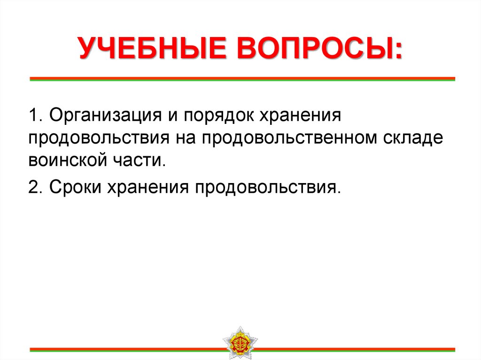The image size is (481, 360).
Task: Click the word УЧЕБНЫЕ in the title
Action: point(151,49)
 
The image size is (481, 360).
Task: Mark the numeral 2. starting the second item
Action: point(35,187)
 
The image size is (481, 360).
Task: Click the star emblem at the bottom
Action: point(240,342)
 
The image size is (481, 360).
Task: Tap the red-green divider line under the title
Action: point(242,79)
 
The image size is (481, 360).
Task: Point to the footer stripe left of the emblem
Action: point(127,349)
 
